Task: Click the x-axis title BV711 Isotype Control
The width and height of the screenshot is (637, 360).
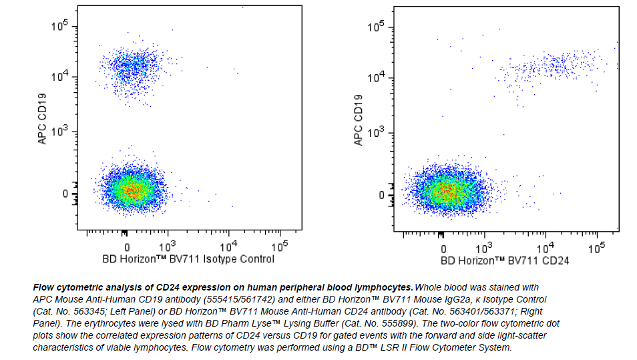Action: pos(188,259)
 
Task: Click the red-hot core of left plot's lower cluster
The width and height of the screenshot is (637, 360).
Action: pos(133,190)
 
